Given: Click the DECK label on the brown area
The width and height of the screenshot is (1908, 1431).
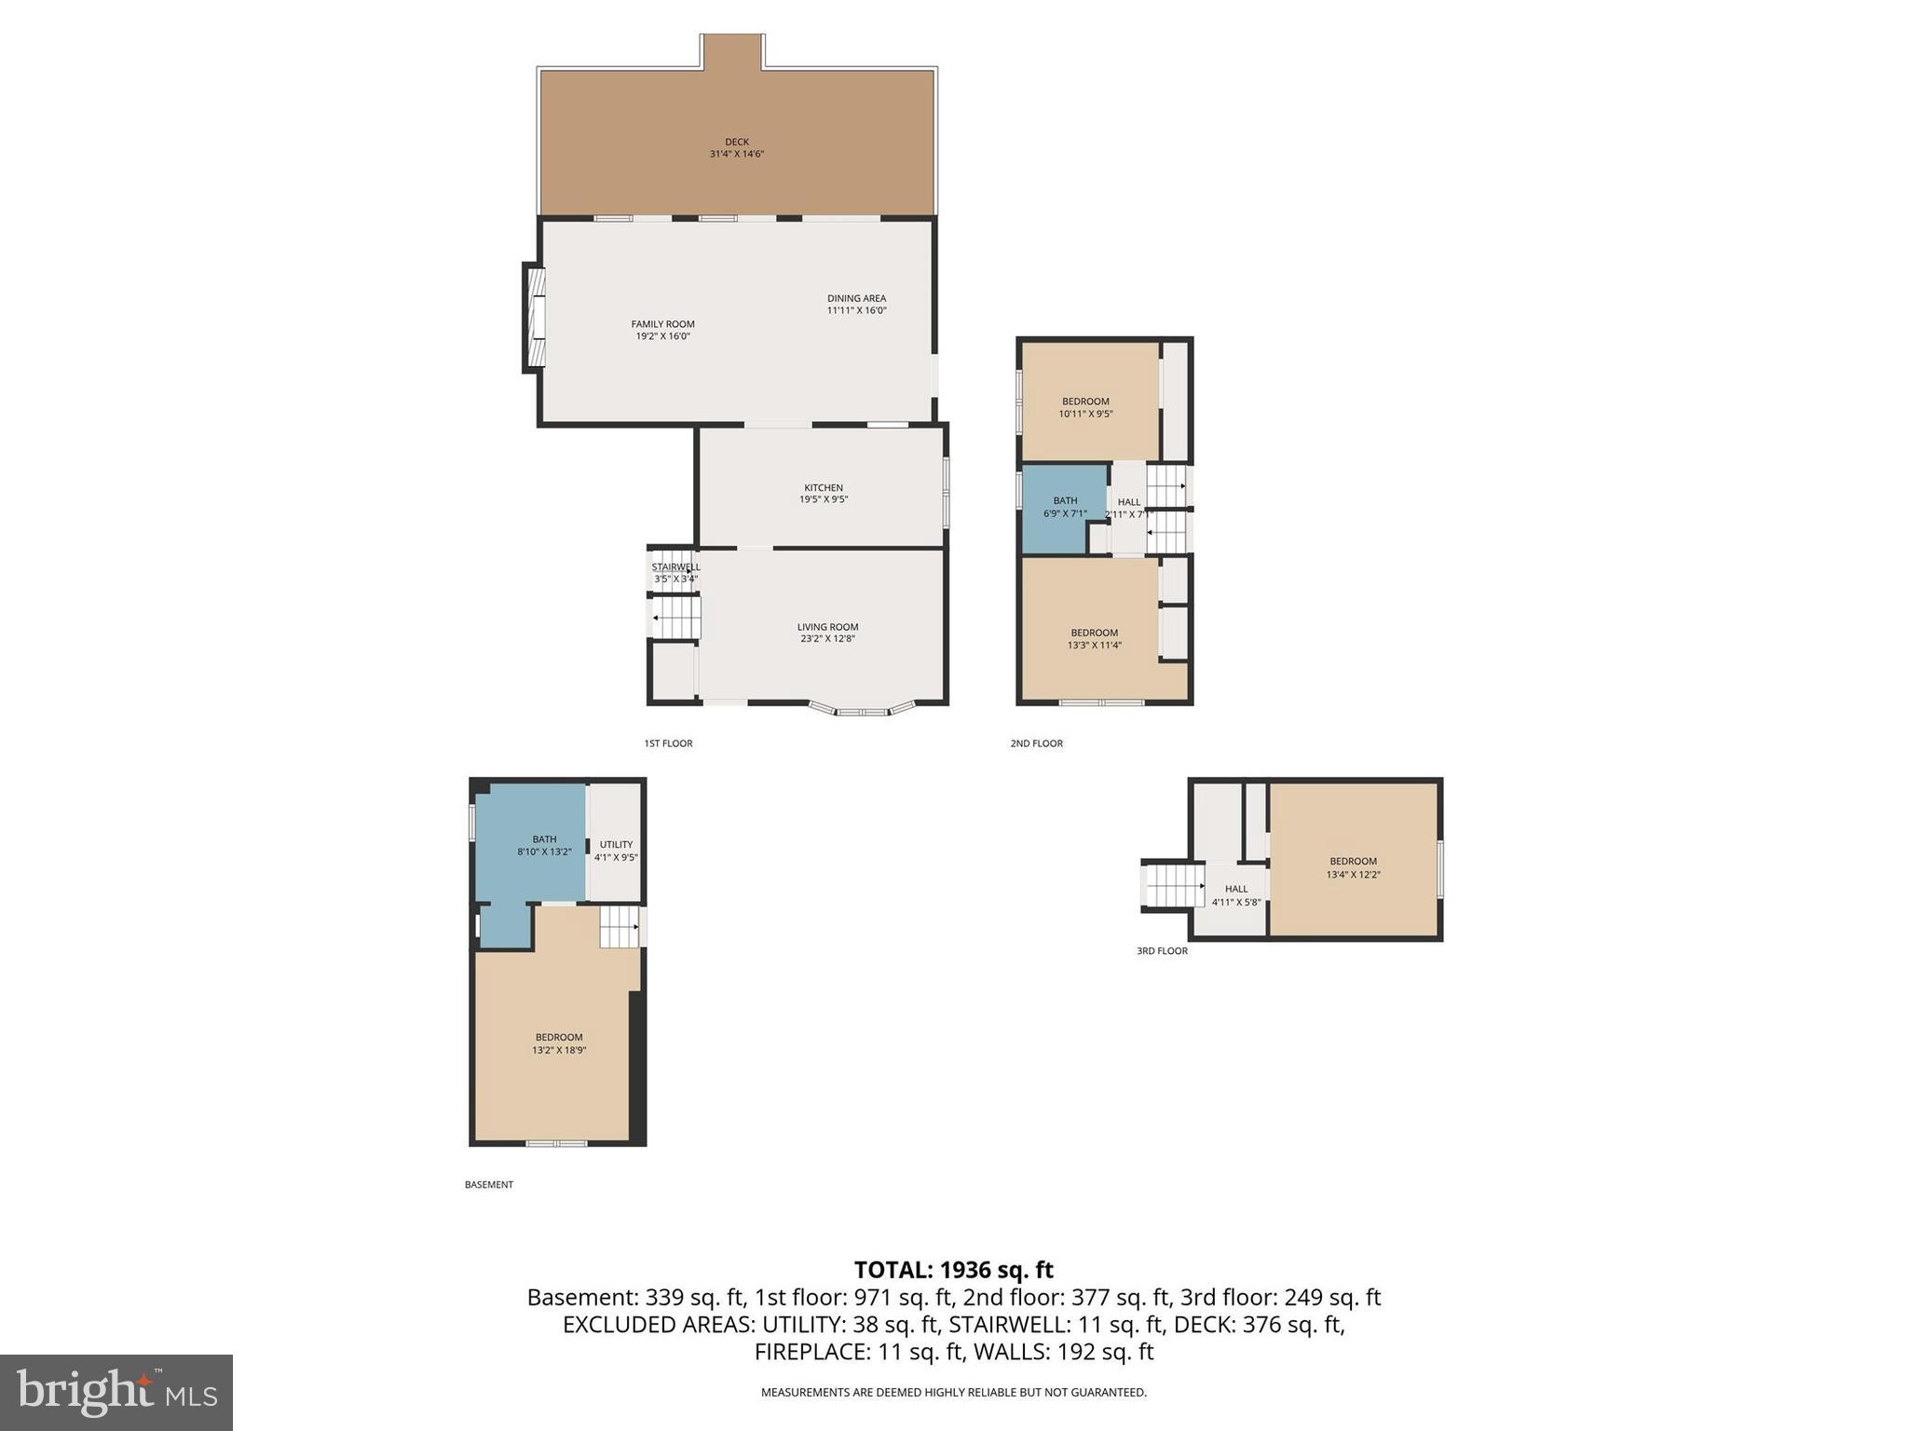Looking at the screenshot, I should click(x=736, y=143).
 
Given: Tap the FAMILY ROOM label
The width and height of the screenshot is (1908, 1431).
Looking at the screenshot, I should click(x=662, y=324).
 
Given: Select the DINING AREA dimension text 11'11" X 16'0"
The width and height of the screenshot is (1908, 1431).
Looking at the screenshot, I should click(x=856, y=310).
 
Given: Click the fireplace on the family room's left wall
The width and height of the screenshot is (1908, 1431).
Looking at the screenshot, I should click(x=534, y=319).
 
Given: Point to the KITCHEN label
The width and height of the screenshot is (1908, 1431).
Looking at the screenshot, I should click(x=823, y=487).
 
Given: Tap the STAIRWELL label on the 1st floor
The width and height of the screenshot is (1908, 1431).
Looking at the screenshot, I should click(x=675, y=566).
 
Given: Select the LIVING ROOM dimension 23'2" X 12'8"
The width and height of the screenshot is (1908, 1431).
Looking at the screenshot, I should click(x=826, y=639).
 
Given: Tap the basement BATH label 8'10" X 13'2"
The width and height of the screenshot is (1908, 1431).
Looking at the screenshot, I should click(x=544, y=851).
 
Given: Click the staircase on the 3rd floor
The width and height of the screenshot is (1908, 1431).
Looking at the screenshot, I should click(x=1173, y=886).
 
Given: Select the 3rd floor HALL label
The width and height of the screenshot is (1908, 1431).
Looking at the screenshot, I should click(x=1235, y=889).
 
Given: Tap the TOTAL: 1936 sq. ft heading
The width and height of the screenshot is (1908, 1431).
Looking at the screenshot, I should click(x=953, y=1270).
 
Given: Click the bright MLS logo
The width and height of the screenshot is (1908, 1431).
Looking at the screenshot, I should click(x=116, y=1393).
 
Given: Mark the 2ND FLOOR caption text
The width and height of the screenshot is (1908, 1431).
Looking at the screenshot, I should click(x=1036, y=743).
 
